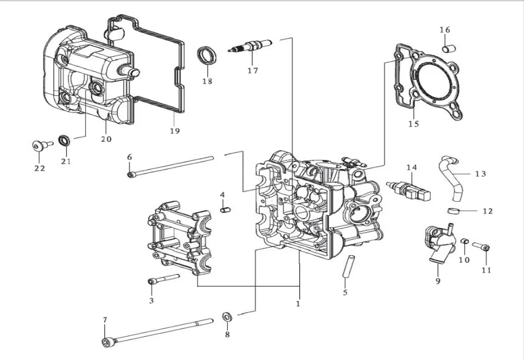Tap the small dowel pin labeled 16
[x=449, y=49]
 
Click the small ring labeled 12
[x=453, y=211]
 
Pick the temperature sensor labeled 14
[x=408, y=191]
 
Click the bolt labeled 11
[x=481, y=246]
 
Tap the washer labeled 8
[x=228, y=316]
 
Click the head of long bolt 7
[x=109, y=342]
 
